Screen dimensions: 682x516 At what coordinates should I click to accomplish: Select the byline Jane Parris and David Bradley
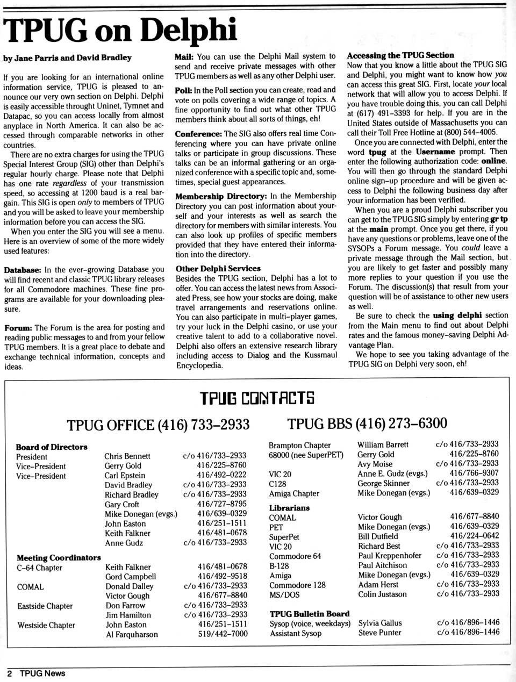tap(67, 58)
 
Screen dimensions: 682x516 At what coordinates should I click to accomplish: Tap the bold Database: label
tap(23, 270)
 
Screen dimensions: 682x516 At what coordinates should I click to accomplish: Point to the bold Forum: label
tap(18, 328)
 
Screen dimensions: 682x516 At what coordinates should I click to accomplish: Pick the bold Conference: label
tap(198, 134)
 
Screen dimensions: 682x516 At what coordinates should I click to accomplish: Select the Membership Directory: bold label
tap(221, 197)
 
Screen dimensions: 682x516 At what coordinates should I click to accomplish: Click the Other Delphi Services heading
tap(218, 269)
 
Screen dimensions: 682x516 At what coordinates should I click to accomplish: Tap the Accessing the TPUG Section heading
tap(400, 55)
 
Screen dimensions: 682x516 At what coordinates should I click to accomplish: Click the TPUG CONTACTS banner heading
tap(257, 398)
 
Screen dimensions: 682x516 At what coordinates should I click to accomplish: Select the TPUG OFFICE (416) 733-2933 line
tap(158, 425)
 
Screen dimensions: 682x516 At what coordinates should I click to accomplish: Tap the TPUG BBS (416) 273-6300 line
tap(367, 423)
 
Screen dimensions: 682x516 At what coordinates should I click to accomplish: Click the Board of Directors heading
tap(52, 447)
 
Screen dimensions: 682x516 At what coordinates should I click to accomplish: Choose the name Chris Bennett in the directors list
tap(127, 456)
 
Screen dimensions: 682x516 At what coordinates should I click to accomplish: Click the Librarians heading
tap(289, 508)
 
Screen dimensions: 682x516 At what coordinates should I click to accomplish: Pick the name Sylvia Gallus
tap(380, 623)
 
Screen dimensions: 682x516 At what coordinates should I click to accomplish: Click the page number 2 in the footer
tap(10, 673)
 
